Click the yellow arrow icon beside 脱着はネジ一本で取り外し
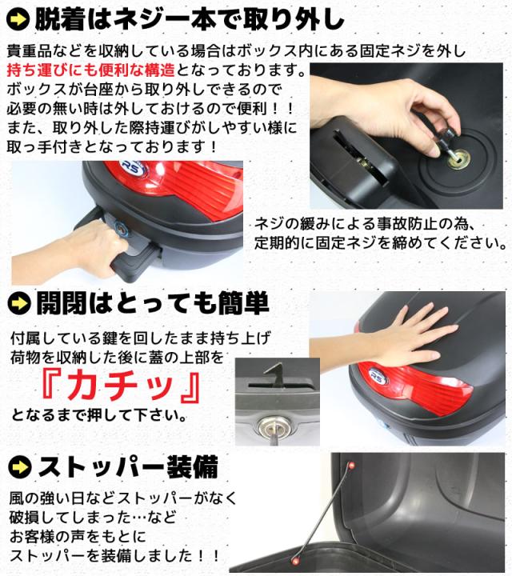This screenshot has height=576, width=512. coord(18,19)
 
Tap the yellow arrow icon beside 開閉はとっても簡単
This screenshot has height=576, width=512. coord(19,303)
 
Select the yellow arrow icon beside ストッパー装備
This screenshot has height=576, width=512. coord(20,467)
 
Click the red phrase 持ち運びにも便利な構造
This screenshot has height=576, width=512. coord(90,70)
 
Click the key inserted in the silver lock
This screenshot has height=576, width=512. coord(273,434)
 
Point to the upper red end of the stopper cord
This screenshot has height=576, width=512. coord(351,466)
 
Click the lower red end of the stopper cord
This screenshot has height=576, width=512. coord(294,561)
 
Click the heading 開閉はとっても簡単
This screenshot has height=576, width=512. coord(153,303)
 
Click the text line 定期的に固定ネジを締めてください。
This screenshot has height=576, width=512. coord(381,243)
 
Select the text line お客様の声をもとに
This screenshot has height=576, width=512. coord(78,537)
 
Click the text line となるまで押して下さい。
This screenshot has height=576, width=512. coord(98,415)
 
